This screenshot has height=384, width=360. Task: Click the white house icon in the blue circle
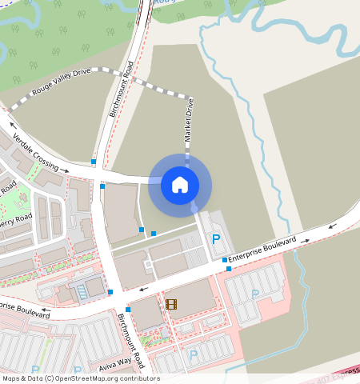pyautogui.click(x=180, y=185)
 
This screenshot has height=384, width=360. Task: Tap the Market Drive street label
pyautogui.click(x=190, y=121)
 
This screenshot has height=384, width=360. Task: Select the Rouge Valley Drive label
pyautogui.click(x=61, y=84)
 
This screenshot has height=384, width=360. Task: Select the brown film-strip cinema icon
pyautogui.click(x=170, y=304)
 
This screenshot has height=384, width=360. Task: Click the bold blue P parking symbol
pyautogui.click(x=214, y=239)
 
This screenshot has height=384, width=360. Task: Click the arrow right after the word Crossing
pyautogui.click(x=65, y=170)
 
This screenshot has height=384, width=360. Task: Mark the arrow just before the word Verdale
pyautogui.click(x=11, y=125)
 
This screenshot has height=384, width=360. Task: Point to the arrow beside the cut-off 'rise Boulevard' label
pyautogui.click(x=46, y=308)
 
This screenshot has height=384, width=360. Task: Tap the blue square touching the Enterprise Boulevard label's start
pyautogui.click(x=224, y=260)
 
